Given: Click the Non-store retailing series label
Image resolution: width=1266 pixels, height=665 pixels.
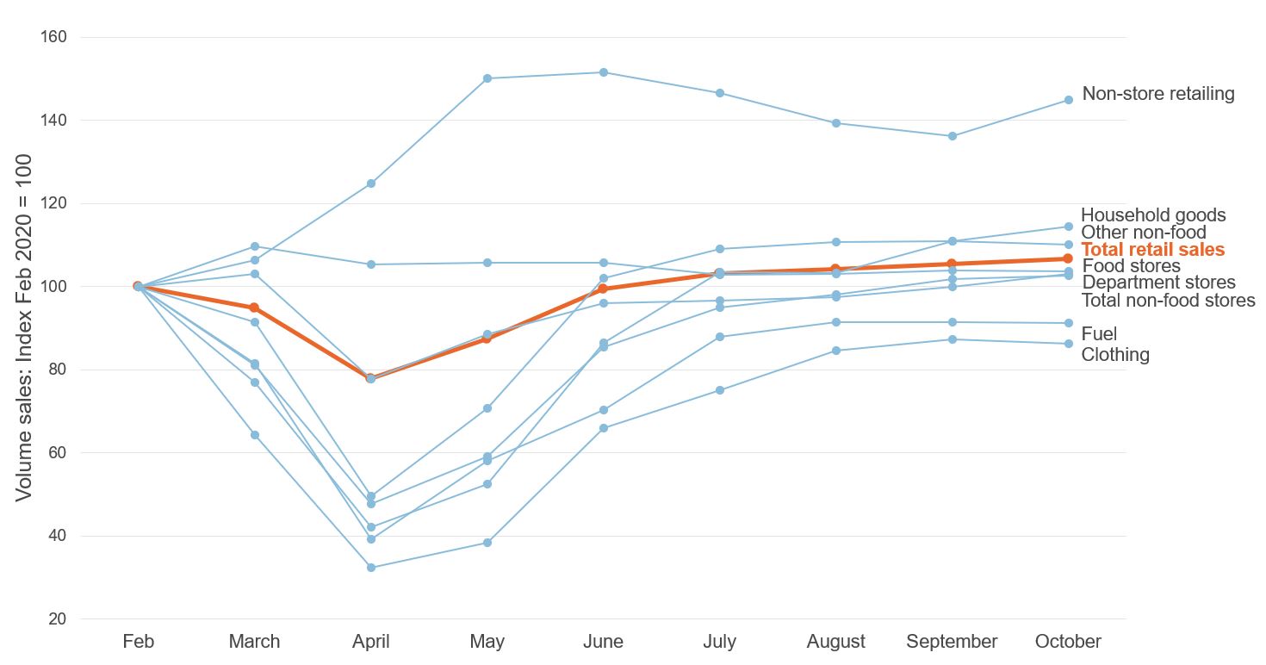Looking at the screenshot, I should pyautogui.click(x=1157, y=94).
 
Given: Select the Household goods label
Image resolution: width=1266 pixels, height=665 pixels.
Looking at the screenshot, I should pyautogui.click(x=1152, y=215).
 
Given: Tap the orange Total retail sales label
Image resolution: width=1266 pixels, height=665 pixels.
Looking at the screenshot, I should pyautogui.click(x=1152, y=250).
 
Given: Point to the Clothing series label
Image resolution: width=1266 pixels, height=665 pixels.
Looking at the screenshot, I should pyautogui.click(x=1115, y=355).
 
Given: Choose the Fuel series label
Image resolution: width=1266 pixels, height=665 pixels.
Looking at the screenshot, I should pyautogui.click(x=1099, y=334).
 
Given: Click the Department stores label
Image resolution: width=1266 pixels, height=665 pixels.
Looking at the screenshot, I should pyautogui.click(x=1158, y=283).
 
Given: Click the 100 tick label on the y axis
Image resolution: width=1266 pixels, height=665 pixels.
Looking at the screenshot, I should pyautogui.click(x=54, y=287).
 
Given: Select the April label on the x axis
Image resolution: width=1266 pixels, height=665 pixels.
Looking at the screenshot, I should pyautogui.click(x=371, y=642).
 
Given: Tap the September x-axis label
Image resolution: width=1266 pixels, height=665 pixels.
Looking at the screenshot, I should pyautogui.click(x=952, y=642).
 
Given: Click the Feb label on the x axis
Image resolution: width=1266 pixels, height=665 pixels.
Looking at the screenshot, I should pyautogui.click(x=138, y=642).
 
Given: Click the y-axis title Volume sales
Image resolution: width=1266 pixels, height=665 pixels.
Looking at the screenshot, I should pyautogui.click(x=24, y=327).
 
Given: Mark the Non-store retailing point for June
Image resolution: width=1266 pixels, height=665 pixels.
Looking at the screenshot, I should pyautogui.click(x=604, y=72).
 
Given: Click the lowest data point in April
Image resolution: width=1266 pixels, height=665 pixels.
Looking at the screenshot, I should pyautogui.click(x=371, y=568).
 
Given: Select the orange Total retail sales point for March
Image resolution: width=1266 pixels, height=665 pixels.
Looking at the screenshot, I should pyautogui.click(x=254, y=308).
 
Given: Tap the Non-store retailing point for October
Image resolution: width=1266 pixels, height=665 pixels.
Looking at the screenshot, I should pyautogui.click(x=1068, y=100).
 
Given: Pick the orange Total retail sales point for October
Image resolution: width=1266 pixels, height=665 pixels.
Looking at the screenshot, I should pyautogui.click(x=1068, y=258).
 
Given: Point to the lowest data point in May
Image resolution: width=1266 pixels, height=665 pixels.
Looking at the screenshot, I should pyautogui.click(x=487, y=543).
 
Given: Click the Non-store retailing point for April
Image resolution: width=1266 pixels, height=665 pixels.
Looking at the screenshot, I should pyautogui.click(x=371, y=183).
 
